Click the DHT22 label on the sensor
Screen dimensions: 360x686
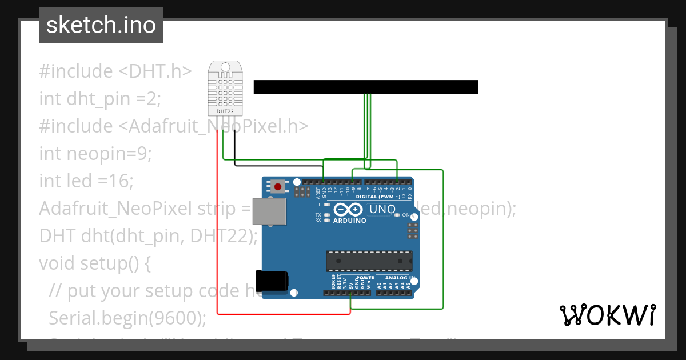224,111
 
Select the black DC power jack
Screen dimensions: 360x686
272,281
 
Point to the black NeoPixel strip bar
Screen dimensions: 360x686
365,87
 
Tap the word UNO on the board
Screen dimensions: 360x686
382,209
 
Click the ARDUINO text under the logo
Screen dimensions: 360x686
349,221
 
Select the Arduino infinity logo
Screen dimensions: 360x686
348,209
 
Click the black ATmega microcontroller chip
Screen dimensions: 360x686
369,261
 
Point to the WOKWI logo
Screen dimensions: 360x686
607,315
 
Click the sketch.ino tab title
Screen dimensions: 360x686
101,25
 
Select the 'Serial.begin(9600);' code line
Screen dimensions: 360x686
127,318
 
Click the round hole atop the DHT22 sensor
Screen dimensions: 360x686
224,68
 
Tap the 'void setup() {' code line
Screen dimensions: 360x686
94,263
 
